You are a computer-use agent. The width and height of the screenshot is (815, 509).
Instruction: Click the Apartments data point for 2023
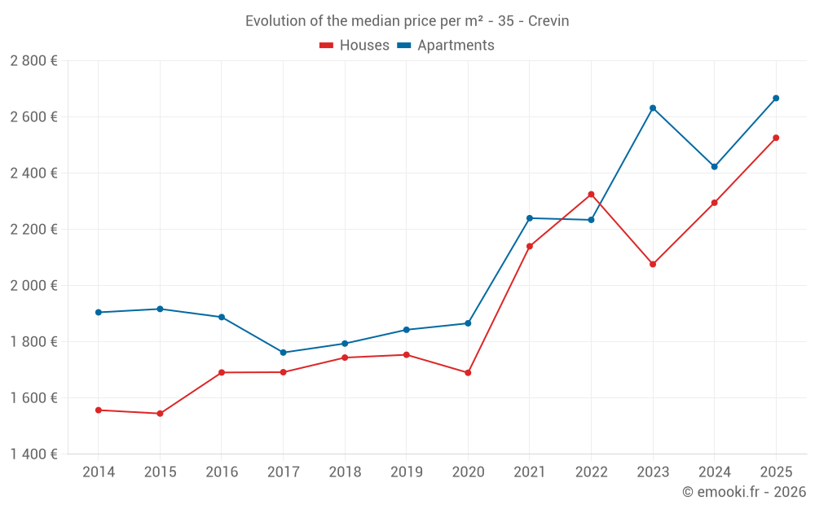[653, 108]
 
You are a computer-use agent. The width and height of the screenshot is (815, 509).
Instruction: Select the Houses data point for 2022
[591, 195]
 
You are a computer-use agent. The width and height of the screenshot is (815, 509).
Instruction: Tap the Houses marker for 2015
[160, 414]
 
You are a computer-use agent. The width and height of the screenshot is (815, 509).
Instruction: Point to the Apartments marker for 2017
[283, 353]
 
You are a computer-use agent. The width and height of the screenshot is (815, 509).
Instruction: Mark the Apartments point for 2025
[776, 98]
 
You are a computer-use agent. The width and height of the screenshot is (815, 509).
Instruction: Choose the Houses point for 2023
[653, 264]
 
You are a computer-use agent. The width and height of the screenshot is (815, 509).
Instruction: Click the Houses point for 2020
[468, 373]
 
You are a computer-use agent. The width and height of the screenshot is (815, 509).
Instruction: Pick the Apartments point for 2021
[530, 218]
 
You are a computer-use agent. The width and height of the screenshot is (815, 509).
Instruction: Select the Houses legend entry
[355, 46]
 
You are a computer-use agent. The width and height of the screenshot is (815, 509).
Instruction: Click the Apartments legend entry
[446, 46]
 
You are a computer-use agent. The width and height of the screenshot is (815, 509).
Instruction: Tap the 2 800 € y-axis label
[33, 61]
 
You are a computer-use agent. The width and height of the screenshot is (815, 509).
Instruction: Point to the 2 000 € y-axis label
[33, 286]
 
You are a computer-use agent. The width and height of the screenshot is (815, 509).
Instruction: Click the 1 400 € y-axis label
[33, 454]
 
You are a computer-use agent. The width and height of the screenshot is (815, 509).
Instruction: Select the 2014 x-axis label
[99, 472]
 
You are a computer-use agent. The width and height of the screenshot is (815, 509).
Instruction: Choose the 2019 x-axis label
[406, 472]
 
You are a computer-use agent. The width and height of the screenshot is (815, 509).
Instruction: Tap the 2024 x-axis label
[714, 472]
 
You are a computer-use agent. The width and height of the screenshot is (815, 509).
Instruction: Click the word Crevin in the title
[548, 21]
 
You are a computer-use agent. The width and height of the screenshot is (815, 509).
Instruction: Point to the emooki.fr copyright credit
[744, 492]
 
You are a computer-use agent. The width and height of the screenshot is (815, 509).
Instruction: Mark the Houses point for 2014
[99, 410]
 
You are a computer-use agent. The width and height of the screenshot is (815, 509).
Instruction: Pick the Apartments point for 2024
[714, 167]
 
